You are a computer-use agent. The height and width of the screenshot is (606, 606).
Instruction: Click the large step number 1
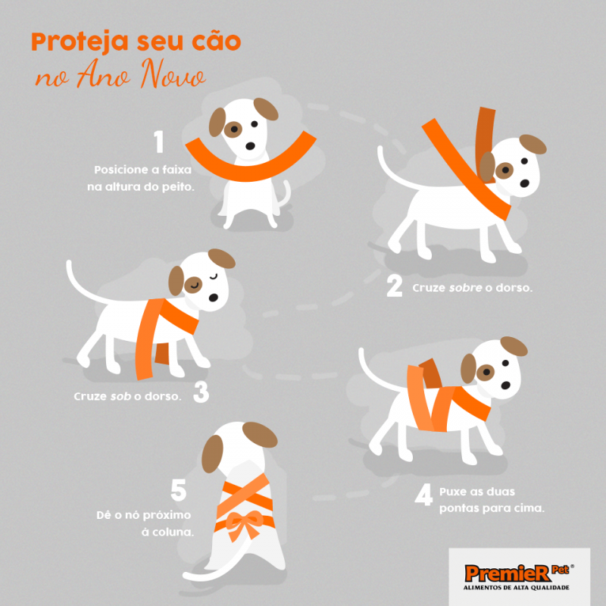click(x=158, y=142)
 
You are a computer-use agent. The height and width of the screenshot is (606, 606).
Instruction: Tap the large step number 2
click(x=394, y=286)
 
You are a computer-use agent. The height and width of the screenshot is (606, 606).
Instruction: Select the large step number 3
click(x=201, y=392)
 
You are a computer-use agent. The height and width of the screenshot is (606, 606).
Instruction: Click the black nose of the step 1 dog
click(x=251, y=145)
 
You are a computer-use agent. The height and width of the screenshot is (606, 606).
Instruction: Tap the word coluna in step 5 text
click(x=173, y=532)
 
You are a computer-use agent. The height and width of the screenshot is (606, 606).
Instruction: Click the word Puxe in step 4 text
click(x=454, y=492)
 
